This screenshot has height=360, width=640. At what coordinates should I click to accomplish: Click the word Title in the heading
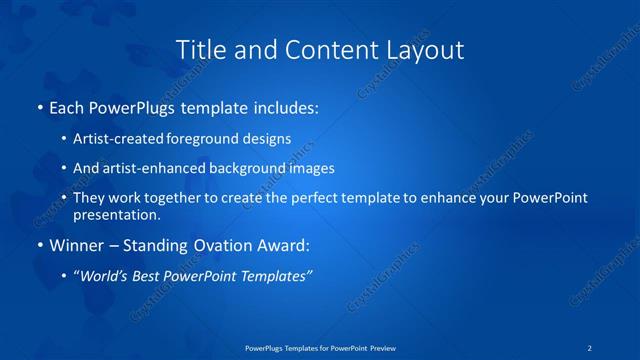pyautogui.click(x=200, y=49)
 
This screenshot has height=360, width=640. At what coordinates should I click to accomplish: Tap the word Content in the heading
pyautogui.click(x=323, y=49)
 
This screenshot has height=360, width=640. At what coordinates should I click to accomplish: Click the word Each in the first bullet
pyautogui.click(x=67, y=105)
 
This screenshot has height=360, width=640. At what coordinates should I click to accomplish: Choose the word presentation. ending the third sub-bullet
pyautogui.click(x=116, y=214)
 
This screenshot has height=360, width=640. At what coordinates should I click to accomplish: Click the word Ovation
pyautogui.click(x=227, y=244)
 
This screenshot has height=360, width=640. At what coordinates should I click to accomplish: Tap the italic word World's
pyautogui.click(x=107, y=275)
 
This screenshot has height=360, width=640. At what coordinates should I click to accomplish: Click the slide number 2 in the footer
pyautogui.click(x=590, y=348)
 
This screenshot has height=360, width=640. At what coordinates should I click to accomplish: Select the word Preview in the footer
pyautogui.click(x=379, y=348)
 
